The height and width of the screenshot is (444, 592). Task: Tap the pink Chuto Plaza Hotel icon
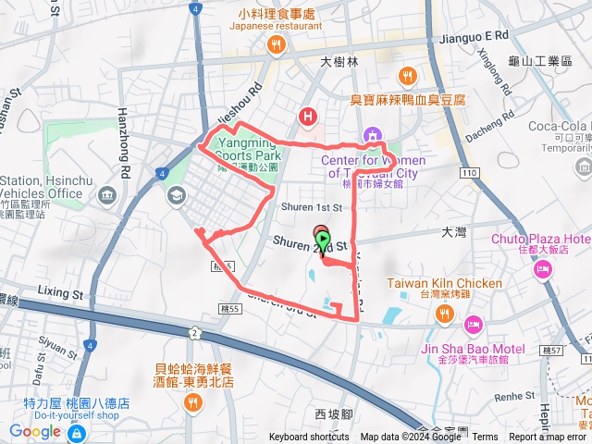tap(542, 268)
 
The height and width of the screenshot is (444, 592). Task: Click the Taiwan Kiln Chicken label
tap(444, 283)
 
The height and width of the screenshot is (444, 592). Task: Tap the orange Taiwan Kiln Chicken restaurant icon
tap(446, 314)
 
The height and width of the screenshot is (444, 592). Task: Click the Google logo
tap(34, 431)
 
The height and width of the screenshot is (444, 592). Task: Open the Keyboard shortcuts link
tap(309, 438)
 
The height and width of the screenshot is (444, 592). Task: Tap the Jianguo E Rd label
tap(475, 34)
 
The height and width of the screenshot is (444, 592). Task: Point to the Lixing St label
tap(61, 290)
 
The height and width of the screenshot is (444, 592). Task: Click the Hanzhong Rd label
tap(127, 129)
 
